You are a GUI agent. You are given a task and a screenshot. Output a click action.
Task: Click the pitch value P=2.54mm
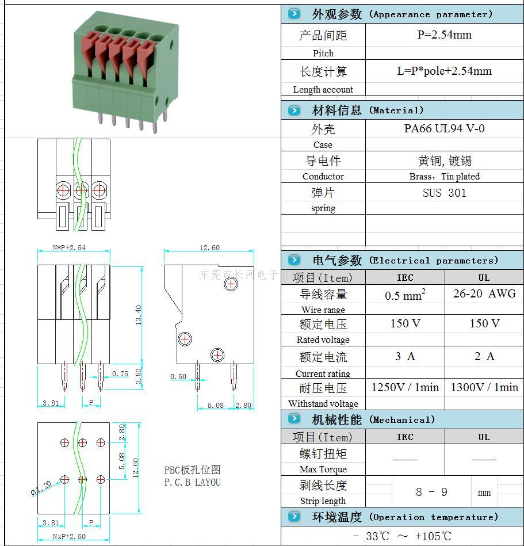tap(444, 35)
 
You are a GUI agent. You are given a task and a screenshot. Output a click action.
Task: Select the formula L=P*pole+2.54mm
tap(444, 71)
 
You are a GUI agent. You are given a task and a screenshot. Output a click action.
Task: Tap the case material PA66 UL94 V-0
tap(444, 128)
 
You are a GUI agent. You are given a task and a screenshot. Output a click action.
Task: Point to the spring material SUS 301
tap(444, 193)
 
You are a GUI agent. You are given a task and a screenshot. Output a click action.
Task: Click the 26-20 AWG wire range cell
tap(484, 293)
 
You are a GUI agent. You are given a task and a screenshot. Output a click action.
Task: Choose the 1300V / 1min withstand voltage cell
tap(484, 387)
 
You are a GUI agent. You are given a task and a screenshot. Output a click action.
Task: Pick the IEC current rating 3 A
tap(405, 357)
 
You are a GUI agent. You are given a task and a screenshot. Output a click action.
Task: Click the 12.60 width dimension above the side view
tap(209, 248)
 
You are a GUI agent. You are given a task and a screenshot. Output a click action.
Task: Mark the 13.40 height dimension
tap(137, 314)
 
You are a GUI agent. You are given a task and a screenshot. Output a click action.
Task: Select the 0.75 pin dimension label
tap(120, 373)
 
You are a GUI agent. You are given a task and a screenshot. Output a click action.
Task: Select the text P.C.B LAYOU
tap(192, 482)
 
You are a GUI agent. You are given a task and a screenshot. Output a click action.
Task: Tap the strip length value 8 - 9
tap(431, 492)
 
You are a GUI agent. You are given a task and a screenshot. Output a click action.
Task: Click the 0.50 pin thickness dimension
tap(178, 377)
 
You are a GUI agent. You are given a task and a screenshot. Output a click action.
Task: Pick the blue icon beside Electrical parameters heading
tap(294, 260)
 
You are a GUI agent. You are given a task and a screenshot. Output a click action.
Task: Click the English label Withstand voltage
tap(323, 404)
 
